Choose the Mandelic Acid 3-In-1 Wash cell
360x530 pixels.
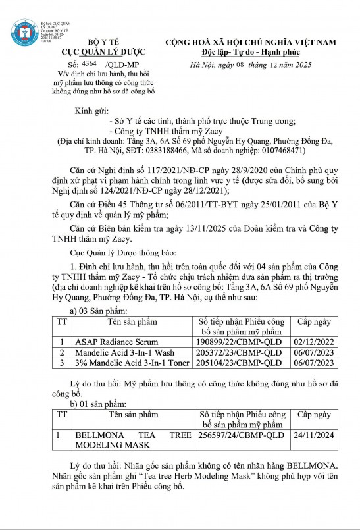point(120,352)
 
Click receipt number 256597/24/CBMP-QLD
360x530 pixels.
point(242,435)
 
